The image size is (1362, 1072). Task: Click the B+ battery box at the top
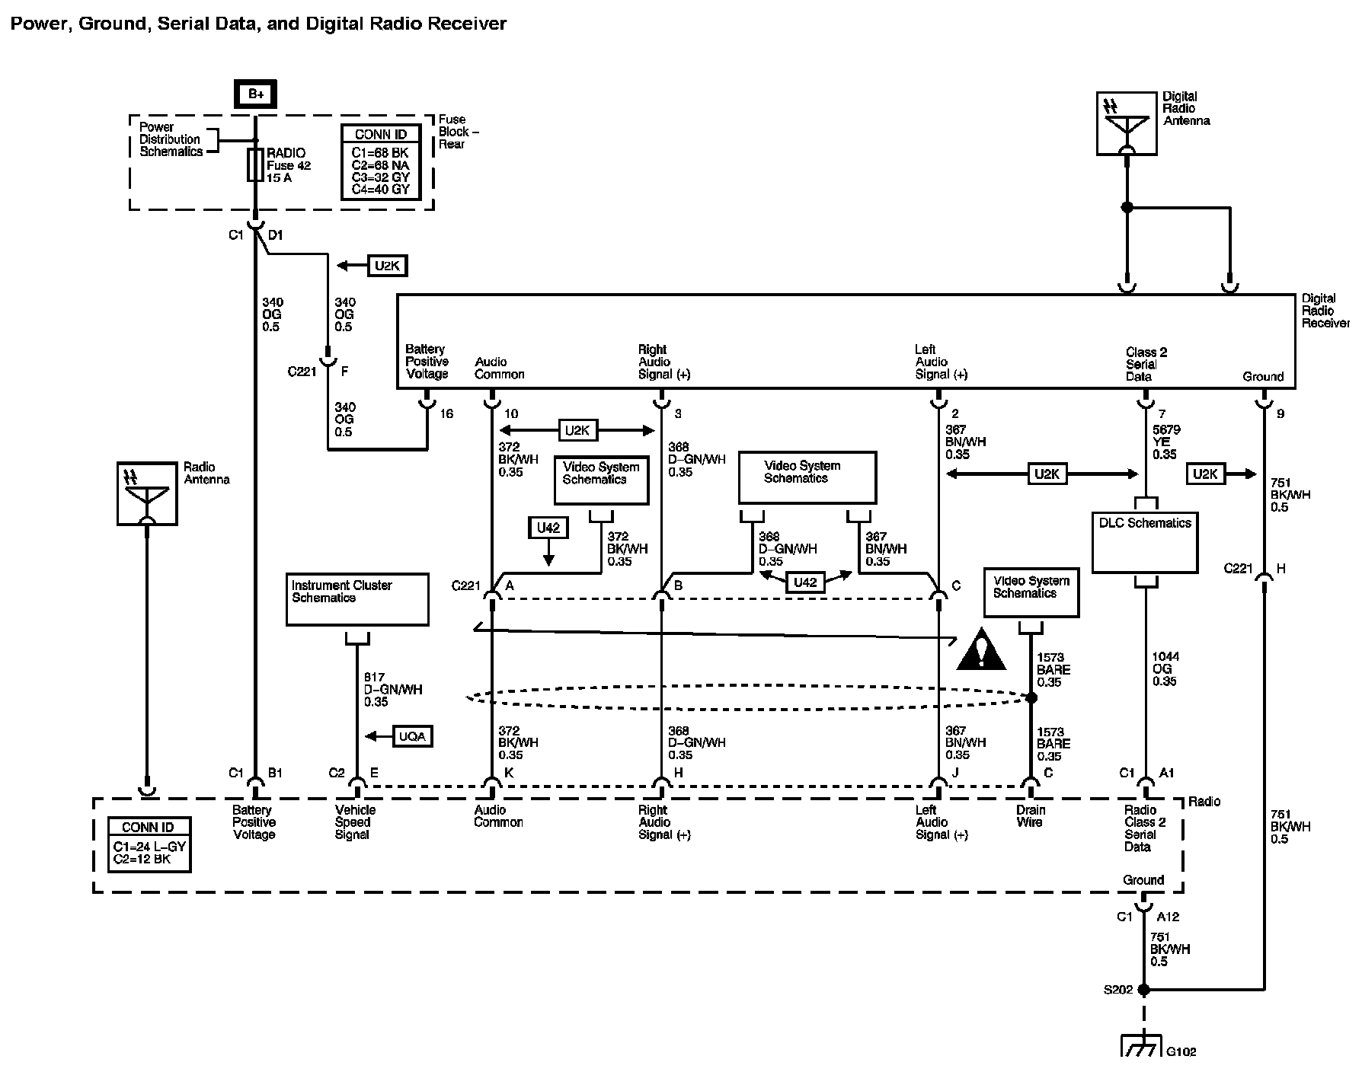coord(255,94)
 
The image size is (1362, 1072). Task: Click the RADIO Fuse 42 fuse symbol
coord(255,164)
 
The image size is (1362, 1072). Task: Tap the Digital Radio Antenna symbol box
coord(1127,124)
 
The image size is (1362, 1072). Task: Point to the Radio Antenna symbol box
coord(147,493)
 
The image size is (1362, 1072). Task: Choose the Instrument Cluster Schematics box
coord(357,599)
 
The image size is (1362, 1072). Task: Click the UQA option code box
coord(413,736)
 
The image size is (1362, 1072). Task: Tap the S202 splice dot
coord(1143,990)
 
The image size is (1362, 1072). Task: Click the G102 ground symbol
coord(1140,1045)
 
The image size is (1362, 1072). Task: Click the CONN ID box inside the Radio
coord(149,844)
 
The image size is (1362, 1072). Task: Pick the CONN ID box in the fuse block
coord(381,162)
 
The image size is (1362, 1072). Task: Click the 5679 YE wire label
coord(1165,442)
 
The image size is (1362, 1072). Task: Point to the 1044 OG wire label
coord(1164,668)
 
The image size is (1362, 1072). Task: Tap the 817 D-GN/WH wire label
coord(392,689)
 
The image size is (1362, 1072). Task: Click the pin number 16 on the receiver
coord(446,413)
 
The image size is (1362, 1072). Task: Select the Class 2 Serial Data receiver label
coord(1146,364)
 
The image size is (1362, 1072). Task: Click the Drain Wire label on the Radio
coord(1031,816)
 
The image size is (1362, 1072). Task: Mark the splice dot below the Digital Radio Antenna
coord(1127,207)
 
